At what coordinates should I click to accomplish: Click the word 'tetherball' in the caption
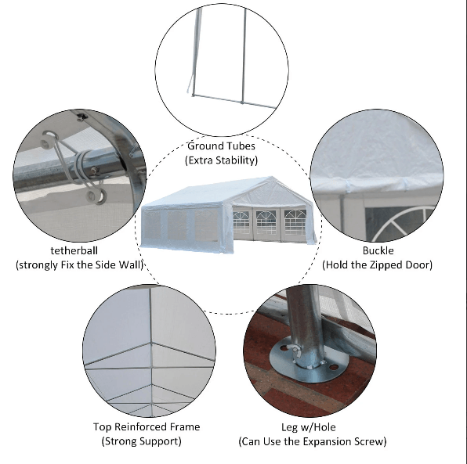[x=74, y=250]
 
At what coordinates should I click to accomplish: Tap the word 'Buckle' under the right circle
[x=378, y=250]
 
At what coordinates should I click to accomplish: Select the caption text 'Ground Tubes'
[x=221, y=146]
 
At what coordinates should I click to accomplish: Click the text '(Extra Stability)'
[x=221, y=160]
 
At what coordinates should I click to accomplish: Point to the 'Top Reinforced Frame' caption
[x=147, y=426]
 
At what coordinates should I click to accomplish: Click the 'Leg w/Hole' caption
[x=309, y=427]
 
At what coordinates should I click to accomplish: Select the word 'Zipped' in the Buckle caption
[x=387, y=264]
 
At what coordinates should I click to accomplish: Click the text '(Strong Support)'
[x=142, y=441]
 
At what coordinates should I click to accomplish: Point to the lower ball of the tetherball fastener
[x=96, y=196]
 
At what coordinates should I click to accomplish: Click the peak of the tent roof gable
[x=271, y=177]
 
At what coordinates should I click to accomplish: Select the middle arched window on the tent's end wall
[x=266, y=222]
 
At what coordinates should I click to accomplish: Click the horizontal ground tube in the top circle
[x=234, y=101]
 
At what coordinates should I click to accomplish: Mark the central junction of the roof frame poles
[x=151, y=344]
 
